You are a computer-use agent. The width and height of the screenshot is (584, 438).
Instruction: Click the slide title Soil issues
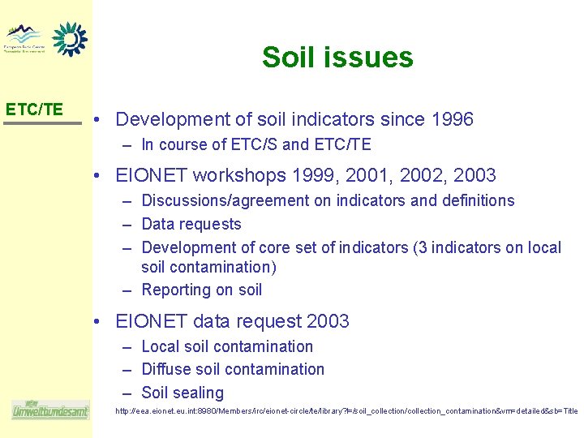337,58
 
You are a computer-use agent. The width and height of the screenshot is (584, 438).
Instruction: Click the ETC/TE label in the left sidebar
34,109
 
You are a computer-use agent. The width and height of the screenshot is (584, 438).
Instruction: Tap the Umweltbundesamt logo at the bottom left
49,410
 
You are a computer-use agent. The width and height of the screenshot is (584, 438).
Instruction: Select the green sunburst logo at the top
70,38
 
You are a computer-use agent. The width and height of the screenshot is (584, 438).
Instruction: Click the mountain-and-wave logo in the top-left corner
24,37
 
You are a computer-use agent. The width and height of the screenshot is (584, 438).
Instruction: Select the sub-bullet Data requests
191,224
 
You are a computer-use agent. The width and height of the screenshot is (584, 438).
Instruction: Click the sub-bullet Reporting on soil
201,290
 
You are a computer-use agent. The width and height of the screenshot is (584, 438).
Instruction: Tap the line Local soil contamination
226,346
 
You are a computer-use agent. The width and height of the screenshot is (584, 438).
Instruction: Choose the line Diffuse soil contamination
232,369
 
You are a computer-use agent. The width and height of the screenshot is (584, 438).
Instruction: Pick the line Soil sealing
182,393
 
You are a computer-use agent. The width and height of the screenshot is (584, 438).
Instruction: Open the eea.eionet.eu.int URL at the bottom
346,412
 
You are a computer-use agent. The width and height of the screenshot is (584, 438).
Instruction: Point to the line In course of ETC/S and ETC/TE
255,145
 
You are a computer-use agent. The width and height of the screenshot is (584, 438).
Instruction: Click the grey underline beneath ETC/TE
43,123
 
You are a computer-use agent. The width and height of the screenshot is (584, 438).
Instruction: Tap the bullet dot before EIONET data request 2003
97,322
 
